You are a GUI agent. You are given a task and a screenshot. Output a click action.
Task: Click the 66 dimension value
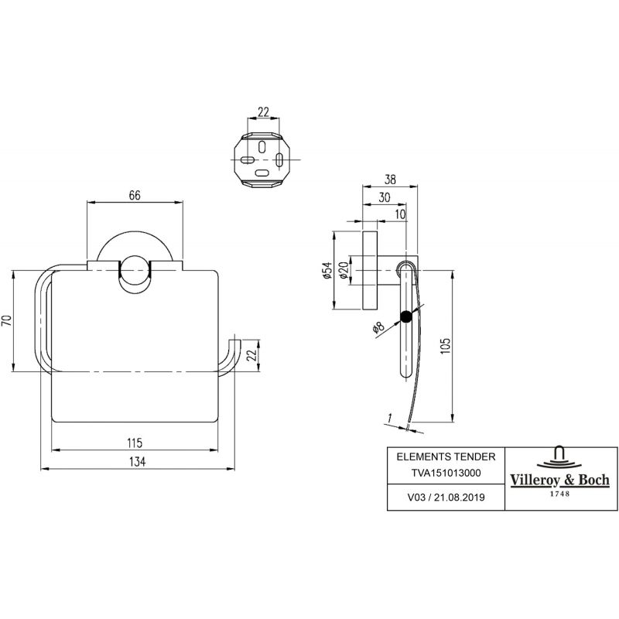tap(135, 196)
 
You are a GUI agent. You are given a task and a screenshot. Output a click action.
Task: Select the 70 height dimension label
tap(7, 320)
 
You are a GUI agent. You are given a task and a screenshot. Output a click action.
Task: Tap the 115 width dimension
tap(135, 443)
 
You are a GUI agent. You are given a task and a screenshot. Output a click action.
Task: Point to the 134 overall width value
tap(137, 461)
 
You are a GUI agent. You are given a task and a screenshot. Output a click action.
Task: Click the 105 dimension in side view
tap(445, 346)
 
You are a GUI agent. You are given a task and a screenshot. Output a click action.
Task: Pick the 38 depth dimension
tap(390, 180)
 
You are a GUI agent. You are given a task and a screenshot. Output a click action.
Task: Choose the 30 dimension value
tap(384, 197)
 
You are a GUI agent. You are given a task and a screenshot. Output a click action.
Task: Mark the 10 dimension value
tap(400, 214)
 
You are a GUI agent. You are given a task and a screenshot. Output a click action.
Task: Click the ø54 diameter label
tap(327, 270)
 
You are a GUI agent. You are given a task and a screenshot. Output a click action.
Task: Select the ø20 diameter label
tap(343, 270)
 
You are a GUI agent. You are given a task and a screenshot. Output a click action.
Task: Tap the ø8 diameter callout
tap(378, 327)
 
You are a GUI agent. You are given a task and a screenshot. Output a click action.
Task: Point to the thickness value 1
tap(390, 418)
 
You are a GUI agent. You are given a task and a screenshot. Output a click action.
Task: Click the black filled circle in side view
tap(405, 317)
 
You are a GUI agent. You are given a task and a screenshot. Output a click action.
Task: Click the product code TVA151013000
tap(446, 473)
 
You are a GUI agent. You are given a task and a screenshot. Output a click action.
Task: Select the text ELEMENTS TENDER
tap(446, 457)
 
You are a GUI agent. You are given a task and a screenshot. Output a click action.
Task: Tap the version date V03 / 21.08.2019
tap(446, 497)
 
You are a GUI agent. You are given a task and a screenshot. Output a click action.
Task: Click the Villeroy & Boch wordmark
tap(560, 480)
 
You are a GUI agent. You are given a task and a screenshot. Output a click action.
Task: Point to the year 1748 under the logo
tap(560, 494)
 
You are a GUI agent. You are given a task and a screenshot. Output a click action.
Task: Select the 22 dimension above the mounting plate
tap(263, 112)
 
